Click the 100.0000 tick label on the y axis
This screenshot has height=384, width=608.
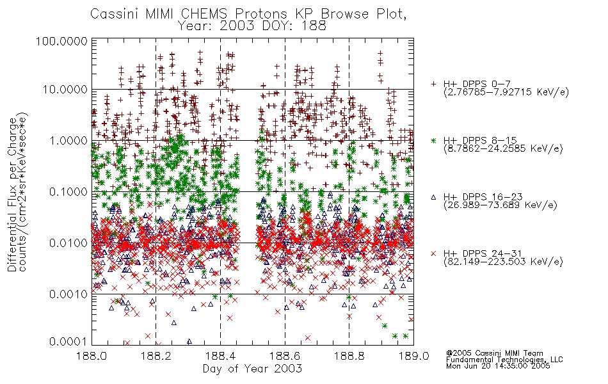point(61,41)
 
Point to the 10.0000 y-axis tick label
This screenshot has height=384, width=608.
point(65,90)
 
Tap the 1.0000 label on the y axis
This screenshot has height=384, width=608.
point(68,140)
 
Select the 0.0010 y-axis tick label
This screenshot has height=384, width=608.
point(68,294)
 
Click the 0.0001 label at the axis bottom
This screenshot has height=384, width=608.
point(68,342)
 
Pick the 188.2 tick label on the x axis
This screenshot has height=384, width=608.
point(156,356)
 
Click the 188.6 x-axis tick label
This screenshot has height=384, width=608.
point(285,356)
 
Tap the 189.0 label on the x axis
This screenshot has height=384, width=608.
point(414,356)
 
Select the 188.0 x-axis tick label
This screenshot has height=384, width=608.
point(92,356)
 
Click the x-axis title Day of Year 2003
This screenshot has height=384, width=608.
point(252,369)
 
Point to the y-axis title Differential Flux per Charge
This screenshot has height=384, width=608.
point(12,195)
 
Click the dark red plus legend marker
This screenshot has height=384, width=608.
point(433,84)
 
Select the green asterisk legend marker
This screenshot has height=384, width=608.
point(433,140)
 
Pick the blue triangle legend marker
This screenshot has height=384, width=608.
point(433,197)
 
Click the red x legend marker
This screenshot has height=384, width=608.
point(433,253)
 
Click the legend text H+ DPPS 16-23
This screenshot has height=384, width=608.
point(483,196)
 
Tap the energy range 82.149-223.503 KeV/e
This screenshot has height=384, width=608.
point(503,262)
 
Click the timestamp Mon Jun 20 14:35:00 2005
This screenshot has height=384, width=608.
point(498,365)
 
